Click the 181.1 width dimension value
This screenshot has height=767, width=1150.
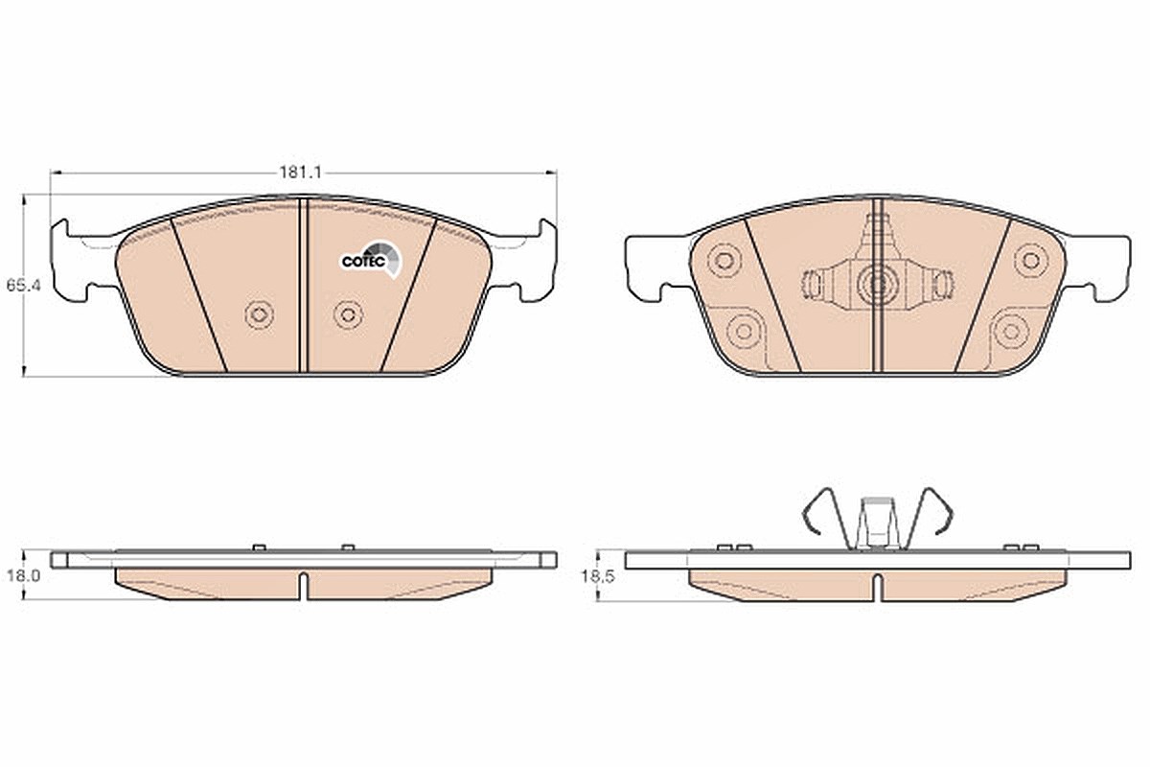(300, 173)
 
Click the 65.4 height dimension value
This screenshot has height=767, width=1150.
(24, 285)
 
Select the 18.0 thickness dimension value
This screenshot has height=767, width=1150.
(24, 576)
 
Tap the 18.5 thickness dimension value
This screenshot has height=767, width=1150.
(598, 576)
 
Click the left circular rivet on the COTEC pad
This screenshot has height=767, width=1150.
(260, 314)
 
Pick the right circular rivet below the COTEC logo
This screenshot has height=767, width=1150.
(348, 314)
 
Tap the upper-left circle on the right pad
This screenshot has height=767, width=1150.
(724, 260)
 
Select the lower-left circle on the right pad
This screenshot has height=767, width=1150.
(744, 332)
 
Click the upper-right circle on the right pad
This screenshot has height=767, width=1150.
(1031, 260)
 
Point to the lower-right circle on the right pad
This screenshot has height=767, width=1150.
(1011, 332)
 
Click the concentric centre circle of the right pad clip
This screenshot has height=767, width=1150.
(876, 283)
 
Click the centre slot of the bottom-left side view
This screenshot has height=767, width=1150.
(304, 586)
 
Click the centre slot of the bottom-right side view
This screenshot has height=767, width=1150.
(878, 587)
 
